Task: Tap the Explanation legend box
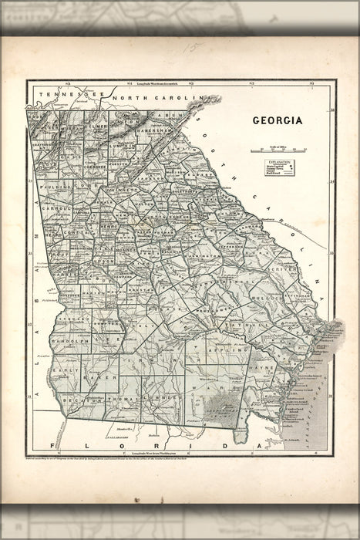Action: coord(278,168)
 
